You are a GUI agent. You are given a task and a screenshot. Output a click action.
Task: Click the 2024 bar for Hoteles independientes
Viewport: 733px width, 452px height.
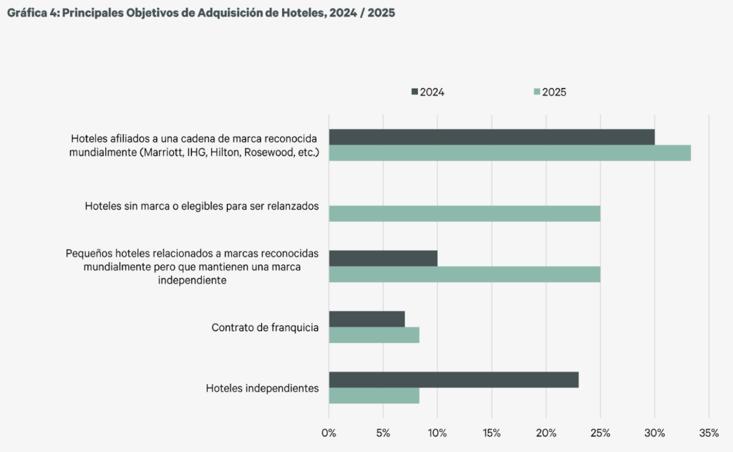point(453,380)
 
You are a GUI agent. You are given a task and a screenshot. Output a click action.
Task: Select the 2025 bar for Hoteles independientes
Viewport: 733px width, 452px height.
point(374,396)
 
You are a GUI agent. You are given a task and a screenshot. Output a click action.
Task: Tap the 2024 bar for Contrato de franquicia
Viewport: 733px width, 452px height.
point(366,319)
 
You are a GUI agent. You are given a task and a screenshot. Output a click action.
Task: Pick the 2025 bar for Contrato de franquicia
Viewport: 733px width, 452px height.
point(374,335)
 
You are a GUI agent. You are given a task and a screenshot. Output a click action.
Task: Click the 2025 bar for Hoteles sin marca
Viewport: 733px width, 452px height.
point(464,213)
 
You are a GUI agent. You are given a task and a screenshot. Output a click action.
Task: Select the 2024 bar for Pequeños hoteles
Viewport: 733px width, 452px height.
point(383,258)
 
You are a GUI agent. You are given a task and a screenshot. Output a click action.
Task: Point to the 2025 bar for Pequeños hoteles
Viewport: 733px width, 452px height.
point(464,274)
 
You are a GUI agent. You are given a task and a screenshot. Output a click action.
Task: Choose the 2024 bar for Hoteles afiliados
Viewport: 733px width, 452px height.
point(491,137)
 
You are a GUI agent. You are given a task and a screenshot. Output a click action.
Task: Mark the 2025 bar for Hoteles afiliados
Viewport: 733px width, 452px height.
point(510,153)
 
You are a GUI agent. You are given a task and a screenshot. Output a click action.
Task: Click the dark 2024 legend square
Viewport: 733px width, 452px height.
point(414,92)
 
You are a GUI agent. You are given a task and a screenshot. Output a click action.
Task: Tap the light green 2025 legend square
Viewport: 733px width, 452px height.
point(537,92)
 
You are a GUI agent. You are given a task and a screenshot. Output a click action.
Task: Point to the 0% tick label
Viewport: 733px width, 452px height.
point(329,433)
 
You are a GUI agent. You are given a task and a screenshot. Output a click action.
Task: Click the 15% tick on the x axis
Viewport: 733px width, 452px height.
point(491,433)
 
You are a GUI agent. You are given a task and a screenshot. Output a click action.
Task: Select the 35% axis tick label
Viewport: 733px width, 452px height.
point(708,433)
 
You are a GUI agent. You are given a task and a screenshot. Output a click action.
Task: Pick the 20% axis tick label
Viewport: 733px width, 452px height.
point(545,433)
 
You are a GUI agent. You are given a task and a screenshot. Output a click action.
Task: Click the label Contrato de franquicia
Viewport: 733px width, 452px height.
point(265,327)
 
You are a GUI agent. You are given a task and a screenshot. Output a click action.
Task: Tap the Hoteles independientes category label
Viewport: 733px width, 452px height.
point(262,388)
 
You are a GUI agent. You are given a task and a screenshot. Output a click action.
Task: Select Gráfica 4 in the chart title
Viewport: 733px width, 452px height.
point(31,13)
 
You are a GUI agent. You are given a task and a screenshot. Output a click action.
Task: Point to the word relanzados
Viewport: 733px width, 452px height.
point(293,206)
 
